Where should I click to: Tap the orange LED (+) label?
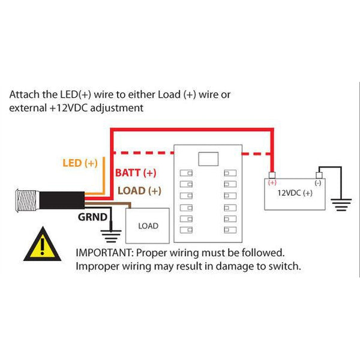[x=80, y=163]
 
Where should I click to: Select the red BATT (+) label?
[x=135, y=173]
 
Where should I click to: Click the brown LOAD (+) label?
[x=139, y=191]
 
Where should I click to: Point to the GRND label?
[x=92, y=217]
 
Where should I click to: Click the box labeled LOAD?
[x=148, y=226]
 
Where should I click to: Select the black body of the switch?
[x=60, y=200]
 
